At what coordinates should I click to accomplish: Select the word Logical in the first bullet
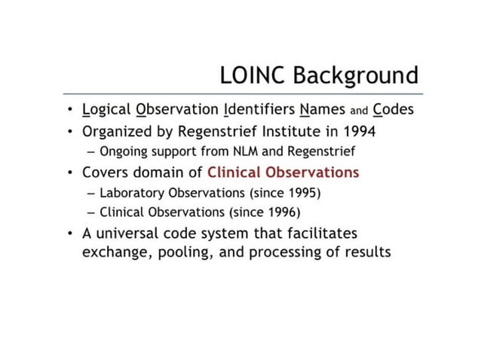click(x=106, y=110)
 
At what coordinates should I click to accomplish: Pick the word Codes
click(x=393, y=110)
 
